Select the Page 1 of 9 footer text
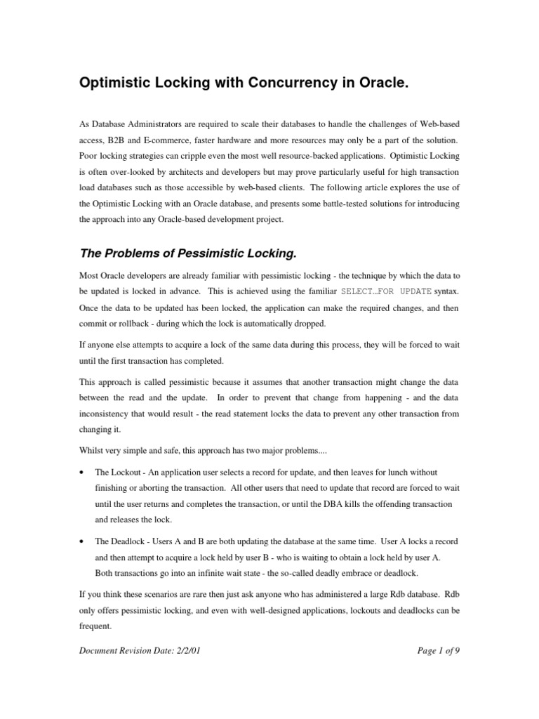coord(438,651)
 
